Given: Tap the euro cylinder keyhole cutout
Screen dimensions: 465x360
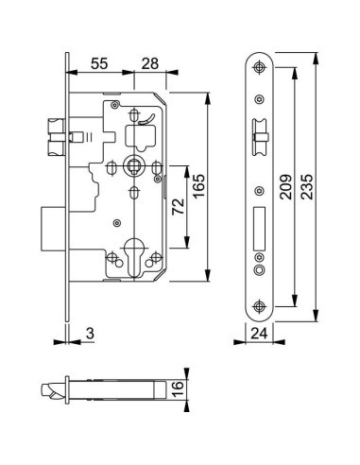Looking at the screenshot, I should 134,257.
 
